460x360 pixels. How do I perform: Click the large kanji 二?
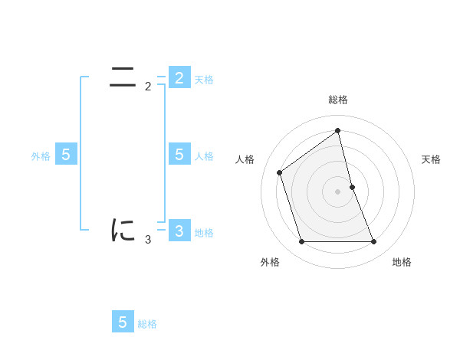click(x=123, y=77)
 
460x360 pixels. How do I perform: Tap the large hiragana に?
click(x=123, y=230)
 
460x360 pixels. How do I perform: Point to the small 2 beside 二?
click(x=148, y=87)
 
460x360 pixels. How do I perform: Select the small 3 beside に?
click(x=148, y=240)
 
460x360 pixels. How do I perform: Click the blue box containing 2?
click(x=179, y=78)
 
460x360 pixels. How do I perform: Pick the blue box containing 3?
click(x=179, y=231)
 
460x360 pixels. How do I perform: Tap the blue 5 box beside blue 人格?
click(x=179, y=155)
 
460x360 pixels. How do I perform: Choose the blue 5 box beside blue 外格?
click(x=66, y=155)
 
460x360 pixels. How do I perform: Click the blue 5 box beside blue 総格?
click(x=123, y=322)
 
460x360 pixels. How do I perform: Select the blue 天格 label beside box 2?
click(x=204, y=80)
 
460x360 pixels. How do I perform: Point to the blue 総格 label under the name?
click(x=147, y=324)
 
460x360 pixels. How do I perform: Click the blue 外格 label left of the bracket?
click(x=41, y=156)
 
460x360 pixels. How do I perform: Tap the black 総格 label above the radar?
click(x=338, y=100)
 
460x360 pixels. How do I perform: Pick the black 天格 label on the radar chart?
click(x=432, y=159)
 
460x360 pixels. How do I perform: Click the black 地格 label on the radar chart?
click(x=402, y=262)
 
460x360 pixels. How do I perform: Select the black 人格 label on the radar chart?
click(x=245, y=159)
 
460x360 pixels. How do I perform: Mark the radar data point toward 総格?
click(x=338, y=130)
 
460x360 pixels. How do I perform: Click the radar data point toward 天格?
click(x=352, y=187)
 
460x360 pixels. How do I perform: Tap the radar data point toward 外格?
click(x=301, y=242)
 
